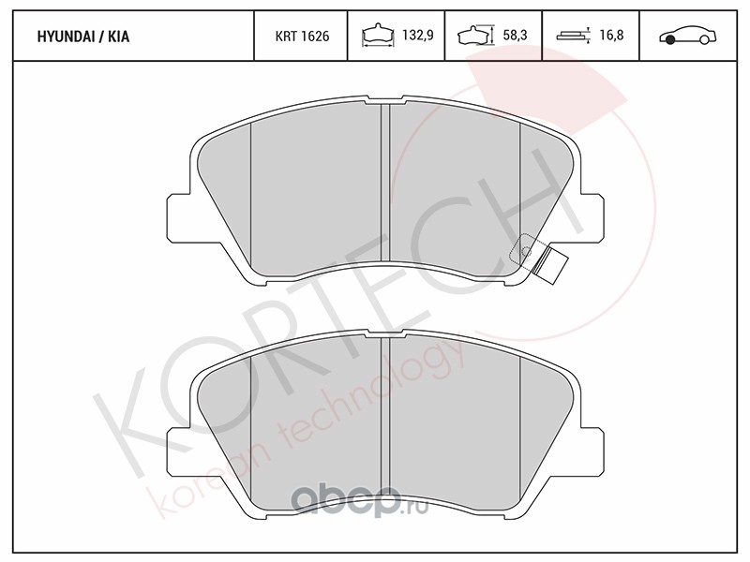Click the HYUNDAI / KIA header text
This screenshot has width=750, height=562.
83,37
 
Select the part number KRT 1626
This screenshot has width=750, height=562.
302,37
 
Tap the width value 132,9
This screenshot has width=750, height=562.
417,35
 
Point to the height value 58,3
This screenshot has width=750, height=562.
515,35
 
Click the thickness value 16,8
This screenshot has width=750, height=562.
611,35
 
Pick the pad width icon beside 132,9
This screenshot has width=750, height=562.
379,36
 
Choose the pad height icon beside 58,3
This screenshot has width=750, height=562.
475,35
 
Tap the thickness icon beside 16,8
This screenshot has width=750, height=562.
574,36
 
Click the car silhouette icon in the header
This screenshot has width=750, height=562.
688,36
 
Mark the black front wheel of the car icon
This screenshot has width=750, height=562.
670,40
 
